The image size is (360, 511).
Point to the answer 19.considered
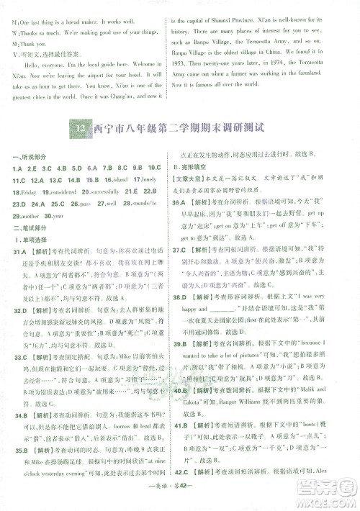[60, 191]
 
